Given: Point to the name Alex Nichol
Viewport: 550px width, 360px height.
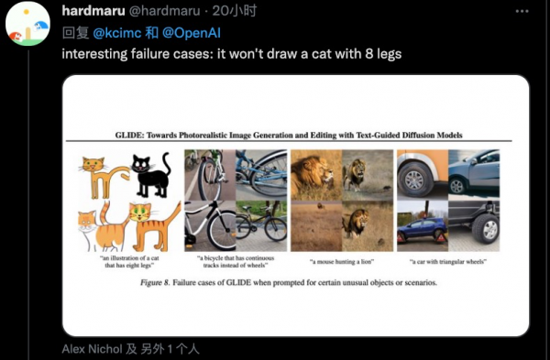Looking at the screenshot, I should coord(93,349).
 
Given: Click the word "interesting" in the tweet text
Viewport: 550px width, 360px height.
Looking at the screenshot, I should coord(93,53).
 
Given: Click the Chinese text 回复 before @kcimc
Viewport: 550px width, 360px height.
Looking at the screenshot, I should coord(74,34).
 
